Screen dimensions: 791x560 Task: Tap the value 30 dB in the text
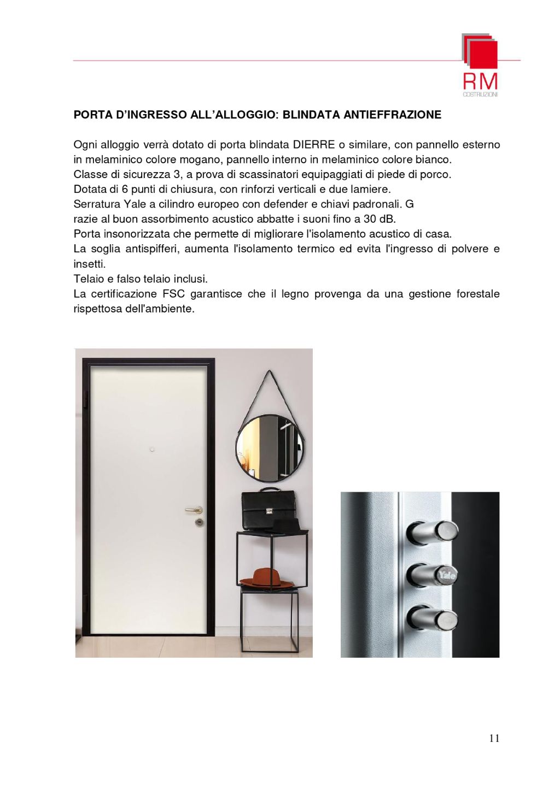(x=379, y=219)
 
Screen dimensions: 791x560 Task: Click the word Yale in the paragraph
(x=135, y=204)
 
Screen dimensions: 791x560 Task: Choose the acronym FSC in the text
(x=173, y=294)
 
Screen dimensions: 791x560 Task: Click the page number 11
(x=494, y=738)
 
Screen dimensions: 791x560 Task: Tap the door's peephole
(x=152, y=450)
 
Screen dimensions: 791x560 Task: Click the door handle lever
(x=192, y=510)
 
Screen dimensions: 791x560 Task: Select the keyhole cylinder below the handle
(x=199, y=523)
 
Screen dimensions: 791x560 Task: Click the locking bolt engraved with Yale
(x=433, y=575)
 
